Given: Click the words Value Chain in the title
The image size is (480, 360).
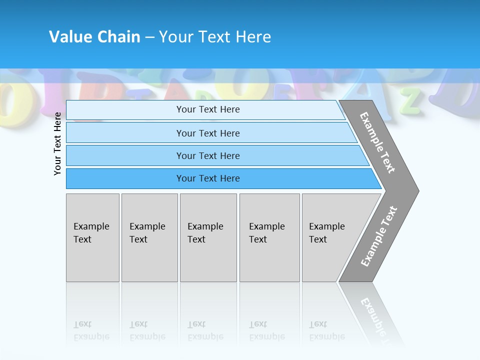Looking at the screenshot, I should coord(94,37).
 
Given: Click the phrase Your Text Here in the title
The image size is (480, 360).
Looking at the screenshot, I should coord(215,37).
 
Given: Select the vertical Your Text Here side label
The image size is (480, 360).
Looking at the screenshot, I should coord(57,143).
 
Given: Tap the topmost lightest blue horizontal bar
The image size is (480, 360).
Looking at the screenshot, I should coord(207,109).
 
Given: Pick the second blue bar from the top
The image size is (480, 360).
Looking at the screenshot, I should coord(207,133).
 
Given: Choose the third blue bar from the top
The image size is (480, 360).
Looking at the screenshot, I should coord(207,155).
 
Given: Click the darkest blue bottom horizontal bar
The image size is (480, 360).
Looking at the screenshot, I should coord(207,178).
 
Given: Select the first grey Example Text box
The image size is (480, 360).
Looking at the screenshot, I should coord(92,237).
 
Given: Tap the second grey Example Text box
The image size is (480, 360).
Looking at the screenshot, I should coord(149,237).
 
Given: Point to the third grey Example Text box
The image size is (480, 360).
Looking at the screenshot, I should coord(208,237).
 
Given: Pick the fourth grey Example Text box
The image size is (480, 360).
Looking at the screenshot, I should coord(269,237).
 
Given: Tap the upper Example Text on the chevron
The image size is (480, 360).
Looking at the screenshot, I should coord(377,142).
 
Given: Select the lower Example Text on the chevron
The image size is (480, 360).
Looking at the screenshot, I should coord(379,236).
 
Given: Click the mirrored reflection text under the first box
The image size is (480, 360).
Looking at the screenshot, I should coord(91,330).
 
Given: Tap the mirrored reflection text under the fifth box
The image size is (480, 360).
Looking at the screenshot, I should coord(326,330).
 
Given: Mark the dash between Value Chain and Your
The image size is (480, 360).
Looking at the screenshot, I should coord(149,37).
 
